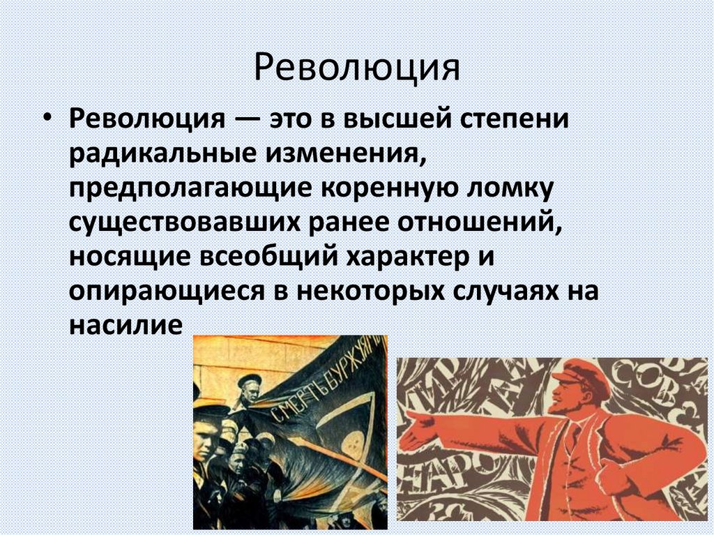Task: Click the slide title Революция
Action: tap(356, 69)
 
